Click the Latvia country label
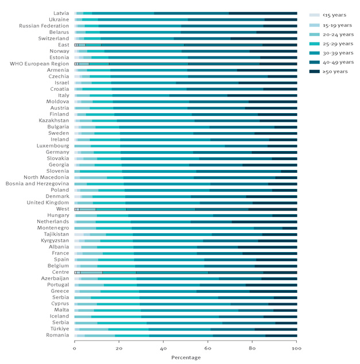coord(61,13)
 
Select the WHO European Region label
coord(40,64)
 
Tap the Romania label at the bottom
coord(57,335)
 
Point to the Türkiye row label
coord(60,329)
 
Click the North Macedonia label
coord(47,177)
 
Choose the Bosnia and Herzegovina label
coord(37,184)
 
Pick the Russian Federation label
coord(44,26)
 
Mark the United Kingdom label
coord(48,203)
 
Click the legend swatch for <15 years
coord(315,15)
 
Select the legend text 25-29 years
coord(338,44)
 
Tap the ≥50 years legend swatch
coord(315,72)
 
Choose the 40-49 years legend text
coord(338,62)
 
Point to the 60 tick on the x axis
coord(208,348)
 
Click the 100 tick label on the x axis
coord(296,348)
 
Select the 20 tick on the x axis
coord(119,348)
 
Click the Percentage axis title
coord(186,358)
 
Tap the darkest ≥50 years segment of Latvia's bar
coord(263,13)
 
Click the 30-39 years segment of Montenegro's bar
coord(193,228)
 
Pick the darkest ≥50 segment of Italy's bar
coord(262,95)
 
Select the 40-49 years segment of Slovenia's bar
coord(239,171)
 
